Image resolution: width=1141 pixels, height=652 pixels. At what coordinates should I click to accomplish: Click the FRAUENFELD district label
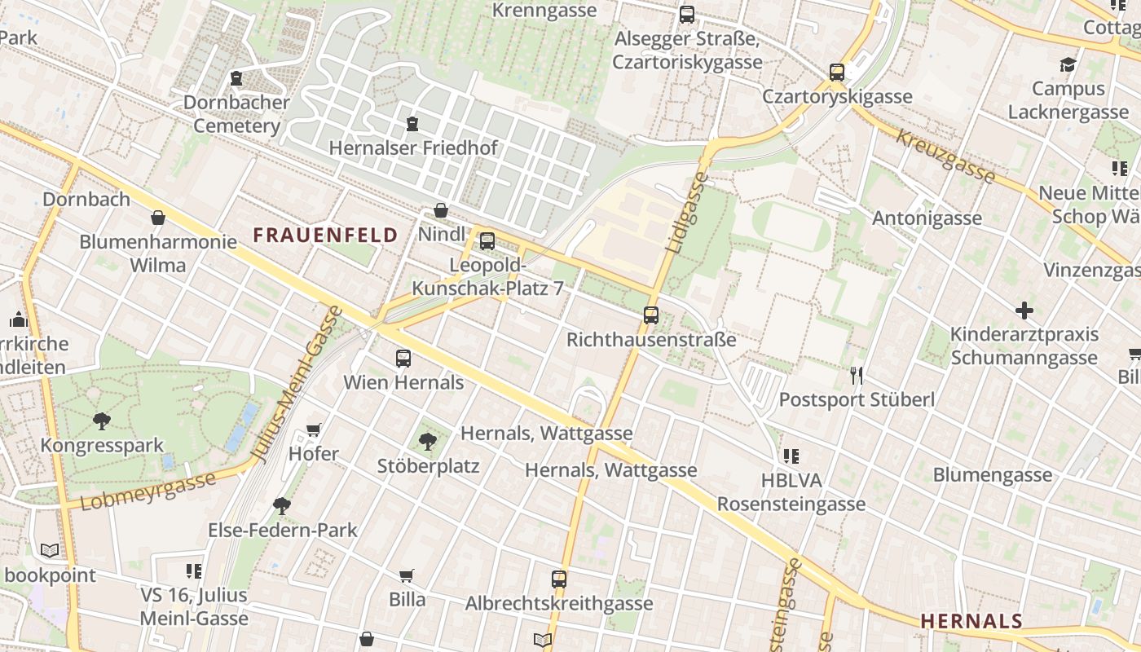click(325, 236)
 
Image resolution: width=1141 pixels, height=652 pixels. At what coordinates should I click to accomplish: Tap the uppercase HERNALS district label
click(971, 621)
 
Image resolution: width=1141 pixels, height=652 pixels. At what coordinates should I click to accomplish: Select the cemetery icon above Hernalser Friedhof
click(412, 124)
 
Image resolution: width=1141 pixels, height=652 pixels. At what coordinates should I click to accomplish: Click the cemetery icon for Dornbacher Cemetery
click(236, 78)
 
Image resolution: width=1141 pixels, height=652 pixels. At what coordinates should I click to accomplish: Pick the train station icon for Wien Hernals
click(403, 358)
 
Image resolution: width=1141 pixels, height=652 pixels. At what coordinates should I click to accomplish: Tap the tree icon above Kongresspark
click(102, 421)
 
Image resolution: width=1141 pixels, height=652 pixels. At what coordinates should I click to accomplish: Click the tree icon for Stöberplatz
click(427, 442)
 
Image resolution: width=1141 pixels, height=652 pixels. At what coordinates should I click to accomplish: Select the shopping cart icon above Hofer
click(314, 430)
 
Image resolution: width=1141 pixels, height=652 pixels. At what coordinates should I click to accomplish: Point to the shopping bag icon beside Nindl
click(441, 211)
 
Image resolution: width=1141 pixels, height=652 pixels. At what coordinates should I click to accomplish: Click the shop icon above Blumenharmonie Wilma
click(158, 218)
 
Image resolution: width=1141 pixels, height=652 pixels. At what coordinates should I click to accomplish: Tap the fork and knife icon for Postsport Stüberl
click(856, 375)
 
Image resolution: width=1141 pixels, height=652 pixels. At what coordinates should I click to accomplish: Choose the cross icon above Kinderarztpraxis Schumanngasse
click(1024, 311)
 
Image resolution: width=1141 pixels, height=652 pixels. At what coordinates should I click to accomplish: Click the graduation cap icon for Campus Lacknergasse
click(1068, 64)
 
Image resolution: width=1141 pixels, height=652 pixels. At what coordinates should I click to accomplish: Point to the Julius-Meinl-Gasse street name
click(299, 383)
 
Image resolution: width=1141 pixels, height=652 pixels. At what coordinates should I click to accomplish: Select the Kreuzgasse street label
click(945, 156)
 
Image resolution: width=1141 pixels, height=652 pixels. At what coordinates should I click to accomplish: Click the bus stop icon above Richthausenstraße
click(650, 315)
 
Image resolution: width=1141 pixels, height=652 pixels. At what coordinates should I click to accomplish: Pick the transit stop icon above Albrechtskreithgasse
click(558, 579)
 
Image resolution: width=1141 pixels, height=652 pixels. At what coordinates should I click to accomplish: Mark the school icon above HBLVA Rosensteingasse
click(791, 456)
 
